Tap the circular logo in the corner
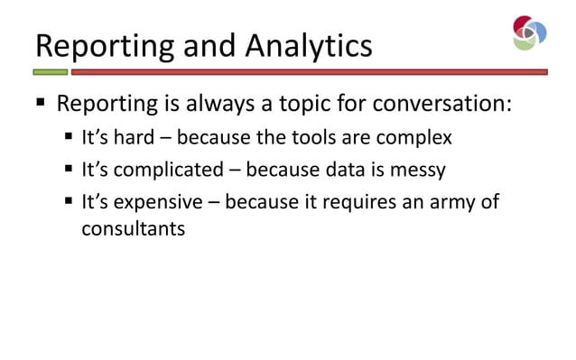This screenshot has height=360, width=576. [529, 32]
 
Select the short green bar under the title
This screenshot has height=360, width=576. [51, 71]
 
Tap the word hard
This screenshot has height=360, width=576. [134, 139]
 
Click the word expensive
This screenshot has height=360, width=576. [159, 201]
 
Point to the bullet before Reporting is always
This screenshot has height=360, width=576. [41, 104]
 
